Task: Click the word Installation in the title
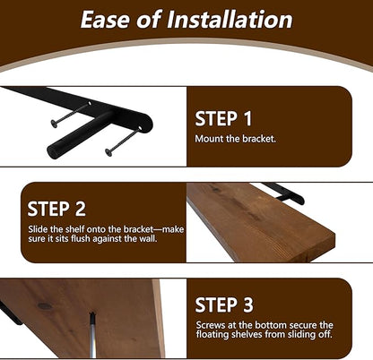(230, 20)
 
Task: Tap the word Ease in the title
(106, 20)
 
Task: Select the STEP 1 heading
(223, 119)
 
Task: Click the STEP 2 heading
(56, 209)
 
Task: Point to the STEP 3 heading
(224, 304)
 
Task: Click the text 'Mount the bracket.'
(235, 139)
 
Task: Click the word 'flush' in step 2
(81, 239)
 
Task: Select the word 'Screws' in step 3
(211, 325)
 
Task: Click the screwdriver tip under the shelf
(92, 314)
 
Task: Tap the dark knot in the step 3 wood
(44, 306)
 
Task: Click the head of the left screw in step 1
(54, 123)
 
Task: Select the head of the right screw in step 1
(108, 152)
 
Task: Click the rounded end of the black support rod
(52, 152)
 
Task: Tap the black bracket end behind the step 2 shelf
(299, 198)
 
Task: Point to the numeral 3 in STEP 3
(247, 304)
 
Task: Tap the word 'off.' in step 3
(325, 334)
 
